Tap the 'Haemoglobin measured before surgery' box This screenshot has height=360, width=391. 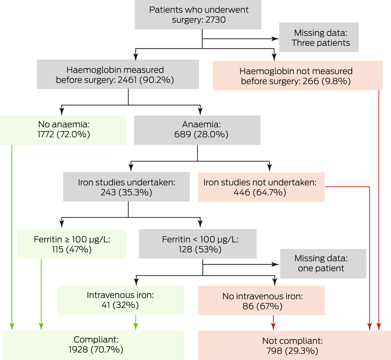(118, 75)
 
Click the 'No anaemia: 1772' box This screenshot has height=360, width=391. (63, 130)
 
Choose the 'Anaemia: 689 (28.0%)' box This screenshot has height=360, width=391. (197, 130)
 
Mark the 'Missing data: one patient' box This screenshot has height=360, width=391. (323, 263)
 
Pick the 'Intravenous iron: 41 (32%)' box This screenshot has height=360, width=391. (121, 300)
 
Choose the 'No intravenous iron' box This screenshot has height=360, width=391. (261, 300)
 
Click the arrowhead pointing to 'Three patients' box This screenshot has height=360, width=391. (275, 38)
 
